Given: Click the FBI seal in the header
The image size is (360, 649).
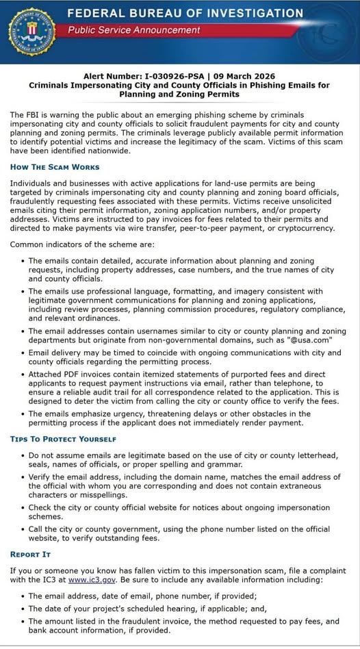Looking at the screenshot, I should [x=31, y=31].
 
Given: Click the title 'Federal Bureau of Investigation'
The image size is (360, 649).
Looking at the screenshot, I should [x=185, y=13].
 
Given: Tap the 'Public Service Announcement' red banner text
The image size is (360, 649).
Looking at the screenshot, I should [x=134, y=30].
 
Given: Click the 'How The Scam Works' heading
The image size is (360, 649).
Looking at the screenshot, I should [x=55, y=167].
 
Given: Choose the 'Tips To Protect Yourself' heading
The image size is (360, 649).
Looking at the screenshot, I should [x=63, y=439].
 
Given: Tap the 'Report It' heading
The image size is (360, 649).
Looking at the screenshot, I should [x=30, y=554].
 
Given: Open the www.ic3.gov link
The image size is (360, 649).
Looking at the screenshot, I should [x=87, y=580].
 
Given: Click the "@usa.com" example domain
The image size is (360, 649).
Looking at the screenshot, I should [x=311, y=340].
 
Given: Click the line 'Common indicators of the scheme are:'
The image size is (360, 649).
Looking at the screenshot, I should [x=82, y=244].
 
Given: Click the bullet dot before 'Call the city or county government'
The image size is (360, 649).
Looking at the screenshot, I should [x=23, y=529].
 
